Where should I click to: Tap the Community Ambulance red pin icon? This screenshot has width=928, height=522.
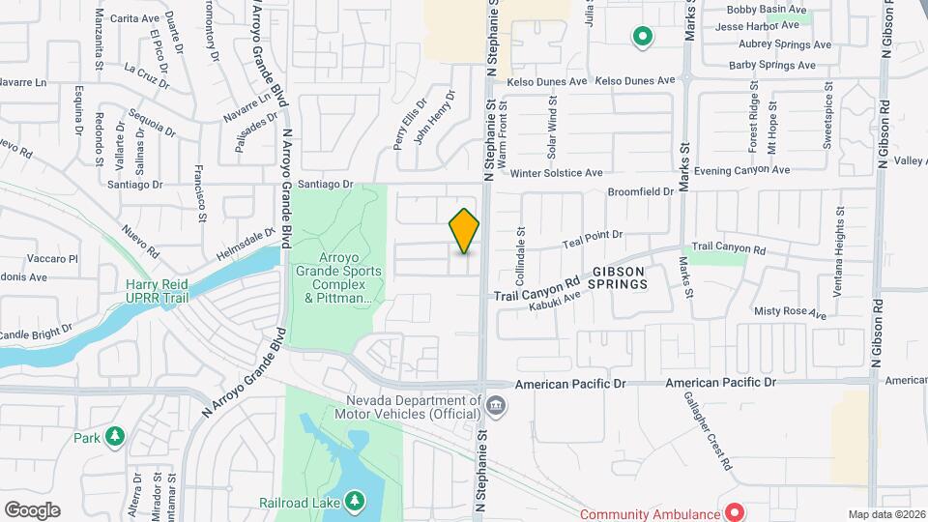pyautogui.click(x=734, y=511)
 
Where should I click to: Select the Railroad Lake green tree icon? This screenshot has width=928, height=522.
pyautogui.click(x=356, y=500)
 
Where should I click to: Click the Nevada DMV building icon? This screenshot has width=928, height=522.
pyautogui.click(x=495, y=403)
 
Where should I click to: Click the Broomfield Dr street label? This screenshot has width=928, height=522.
pyautogui.click(x=640, y=191)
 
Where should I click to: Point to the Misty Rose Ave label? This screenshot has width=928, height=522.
pyautogui.click(x=790, y=312)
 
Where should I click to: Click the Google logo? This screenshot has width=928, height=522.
pyautogui.click(x=32, y=510)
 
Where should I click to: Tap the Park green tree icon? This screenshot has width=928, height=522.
pyautogui.click(x=115, y=437)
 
